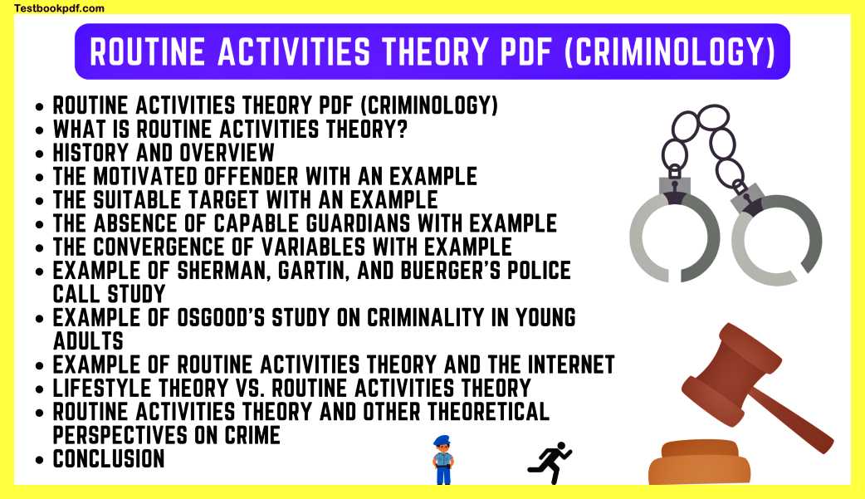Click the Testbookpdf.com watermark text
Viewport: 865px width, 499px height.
(59, 8)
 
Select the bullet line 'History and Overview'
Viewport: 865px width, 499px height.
(164, 153)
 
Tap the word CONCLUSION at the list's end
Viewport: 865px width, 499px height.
(109, 458)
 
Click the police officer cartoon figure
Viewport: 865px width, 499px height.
(442, 460)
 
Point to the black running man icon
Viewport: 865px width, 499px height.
(550, 462)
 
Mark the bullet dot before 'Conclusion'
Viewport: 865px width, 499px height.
(42, 459)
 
